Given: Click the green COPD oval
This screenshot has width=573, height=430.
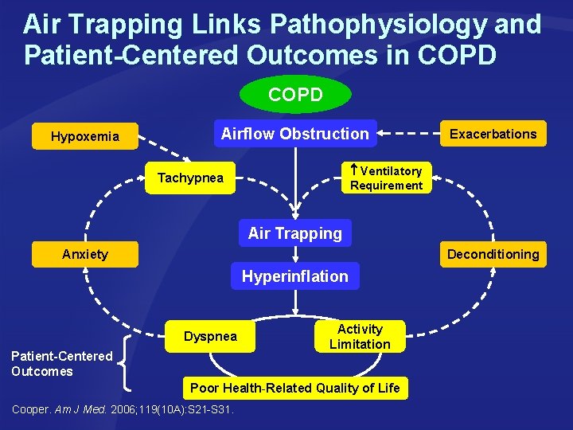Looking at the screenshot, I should click(295, 96).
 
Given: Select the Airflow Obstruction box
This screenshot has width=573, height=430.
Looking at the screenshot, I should click(294, 134).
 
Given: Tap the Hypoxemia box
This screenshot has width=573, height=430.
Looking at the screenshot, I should click(85, 136).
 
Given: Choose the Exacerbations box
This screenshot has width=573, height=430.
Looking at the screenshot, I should click(493, 134).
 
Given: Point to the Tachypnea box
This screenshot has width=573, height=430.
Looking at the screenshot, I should click(190, 178).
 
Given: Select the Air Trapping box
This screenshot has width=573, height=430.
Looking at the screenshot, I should click(295, 233).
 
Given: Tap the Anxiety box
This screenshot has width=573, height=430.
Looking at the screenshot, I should click(85, 254).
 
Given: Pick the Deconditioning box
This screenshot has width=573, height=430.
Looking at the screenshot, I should click(493, 254).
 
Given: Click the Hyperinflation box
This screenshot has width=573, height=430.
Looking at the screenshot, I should click(295, 276).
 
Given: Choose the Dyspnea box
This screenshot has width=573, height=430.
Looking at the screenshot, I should click(210, 336).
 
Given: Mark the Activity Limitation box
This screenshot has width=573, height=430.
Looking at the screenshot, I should click(360, 336).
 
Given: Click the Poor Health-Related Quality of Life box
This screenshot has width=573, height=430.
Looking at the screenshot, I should click(295, 388).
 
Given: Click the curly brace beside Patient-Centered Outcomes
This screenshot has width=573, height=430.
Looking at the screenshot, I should click(127, 362).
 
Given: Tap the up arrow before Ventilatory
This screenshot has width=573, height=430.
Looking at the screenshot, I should click(354, 170).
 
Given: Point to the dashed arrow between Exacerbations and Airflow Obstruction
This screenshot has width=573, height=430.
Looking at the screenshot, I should click(411, 133).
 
